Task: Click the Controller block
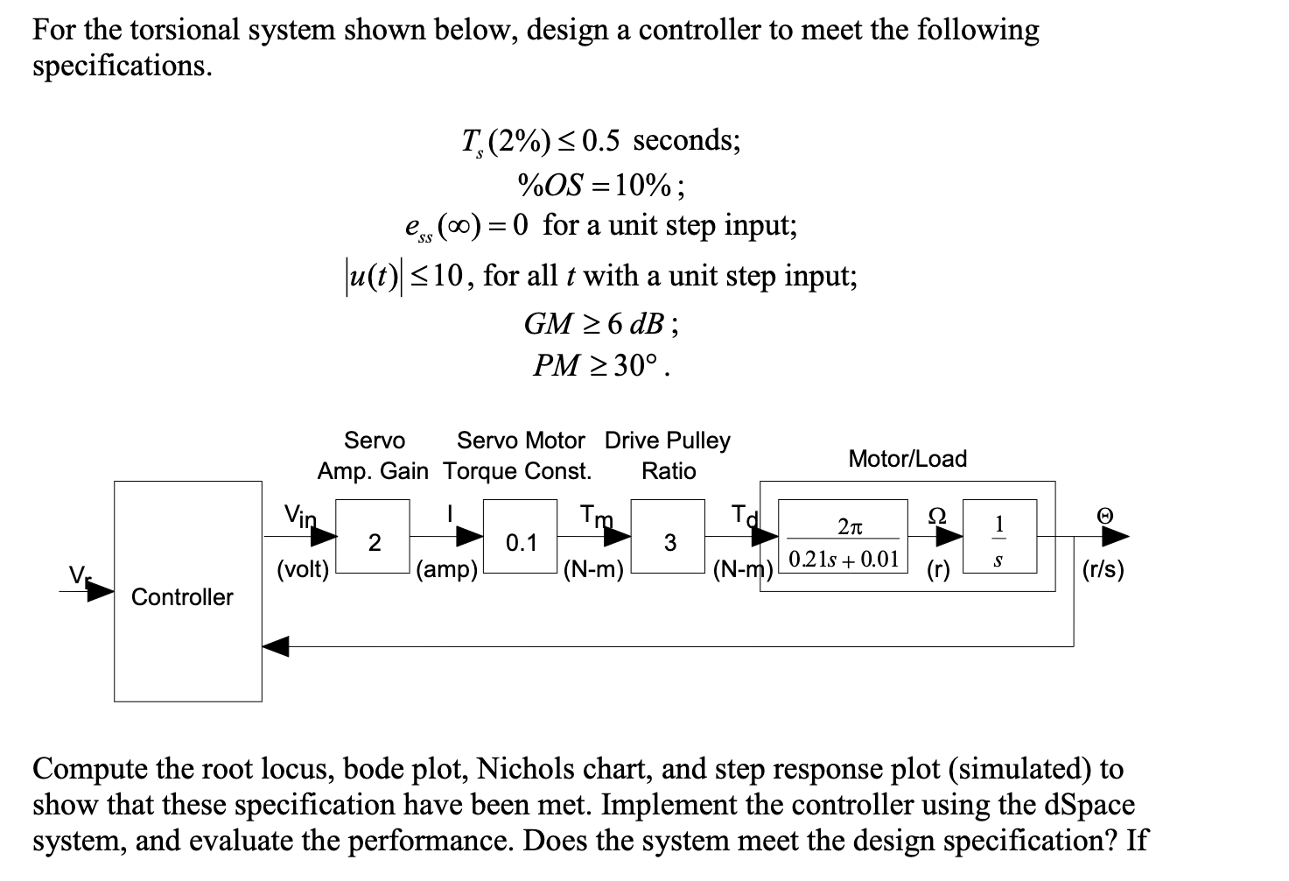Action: (x=187, y=591)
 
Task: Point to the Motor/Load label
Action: (x=907, y=459)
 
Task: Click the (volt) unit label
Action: (x=303, y=570)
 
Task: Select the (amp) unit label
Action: (x=447, y=570)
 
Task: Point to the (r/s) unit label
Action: (x=1103, y=570)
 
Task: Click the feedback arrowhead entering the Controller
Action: (x=276, y=647)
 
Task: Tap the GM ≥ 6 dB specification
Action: (x=600, y=324)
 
